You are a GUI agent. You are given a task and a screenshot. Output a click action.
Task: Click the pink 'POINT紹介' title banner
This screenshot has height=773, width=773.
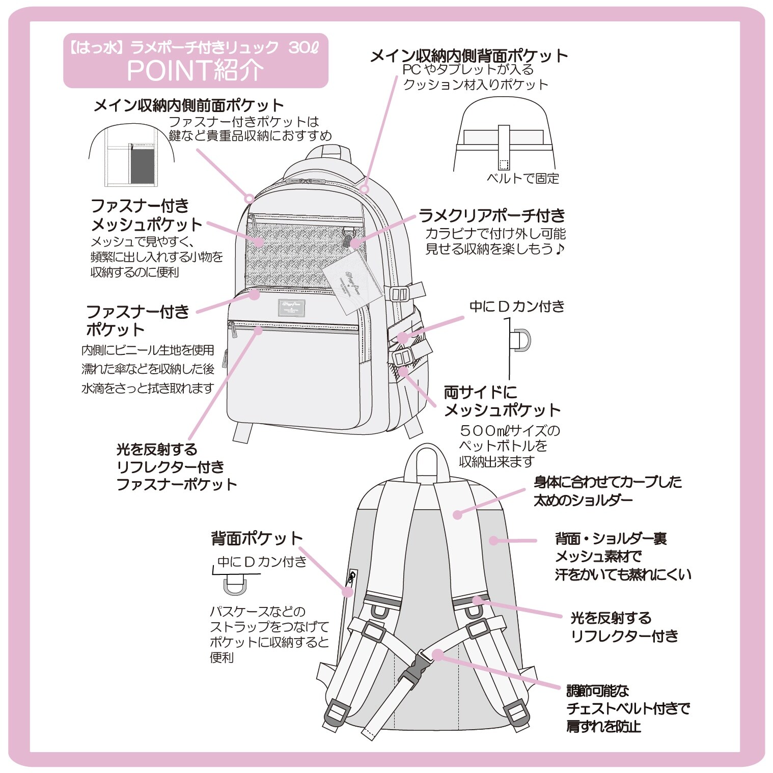tap(196, 61)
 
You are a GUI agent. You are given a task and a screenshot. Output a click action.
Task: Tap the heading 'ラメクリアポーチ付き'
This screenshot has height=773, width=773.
tap(492, 216)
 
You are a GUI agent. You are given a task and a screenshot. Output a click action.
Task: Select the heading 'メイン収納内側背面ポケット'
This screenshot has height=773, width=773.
tap(468, 56)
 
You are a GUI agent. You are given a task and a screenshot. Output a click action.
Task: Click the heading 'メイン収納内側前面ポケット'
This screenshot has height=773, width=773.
tap(188, 105)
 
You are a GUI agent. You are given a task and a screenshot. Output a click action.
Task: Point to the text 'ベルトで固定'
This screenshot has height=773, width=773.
tap(523, 178)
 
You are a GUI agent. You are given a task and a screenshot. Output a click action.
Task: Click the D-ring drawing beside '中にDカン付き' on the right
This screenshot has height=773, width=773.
tap(521, 340)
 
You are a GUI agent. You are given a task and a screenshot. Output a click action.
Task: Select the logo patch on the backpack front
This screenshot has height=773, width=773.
tap(291, 307)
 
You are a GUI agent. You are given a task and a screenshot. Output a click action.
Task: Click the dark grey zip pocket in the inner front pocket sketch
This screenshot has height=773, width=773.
tap(143, 165)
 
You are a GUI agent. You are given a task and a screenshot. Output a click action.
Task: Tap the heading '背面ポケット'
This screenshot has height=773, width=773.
tap(257, 538)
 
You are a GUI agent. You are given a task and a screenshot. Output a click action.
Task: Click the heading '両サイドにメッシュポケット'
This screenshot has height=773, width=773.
tap(502, 401)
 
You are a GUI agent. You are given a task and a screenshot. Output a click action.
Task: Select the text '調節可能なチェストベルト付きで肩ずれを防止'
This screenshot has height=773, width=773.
tap(628, 708)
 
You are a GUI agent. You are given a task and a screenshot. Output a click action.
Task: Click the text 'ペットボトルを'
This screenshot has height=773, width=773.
tap(503, 446)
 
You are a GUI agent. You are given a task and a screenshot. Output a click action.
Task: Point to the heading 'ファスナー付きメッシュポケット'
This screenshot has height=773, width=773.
tap(147, 215)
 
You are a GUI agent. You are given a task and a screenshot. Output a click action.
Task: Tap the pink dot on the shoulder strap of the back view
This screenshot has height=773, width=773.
tap(457, 515)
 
